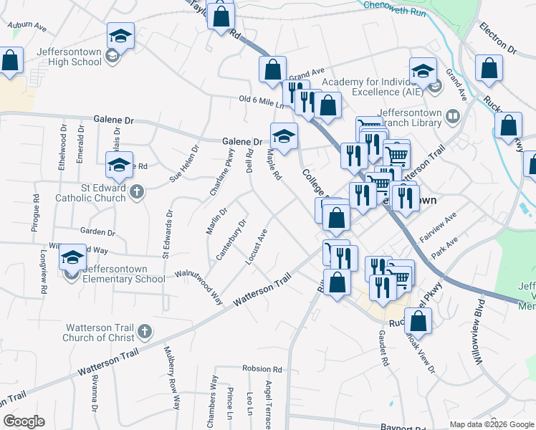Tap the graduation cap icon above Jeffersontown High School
pos(120,36)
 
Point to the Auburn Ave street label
pos(27,27)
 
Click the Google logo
pos(24,421)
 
